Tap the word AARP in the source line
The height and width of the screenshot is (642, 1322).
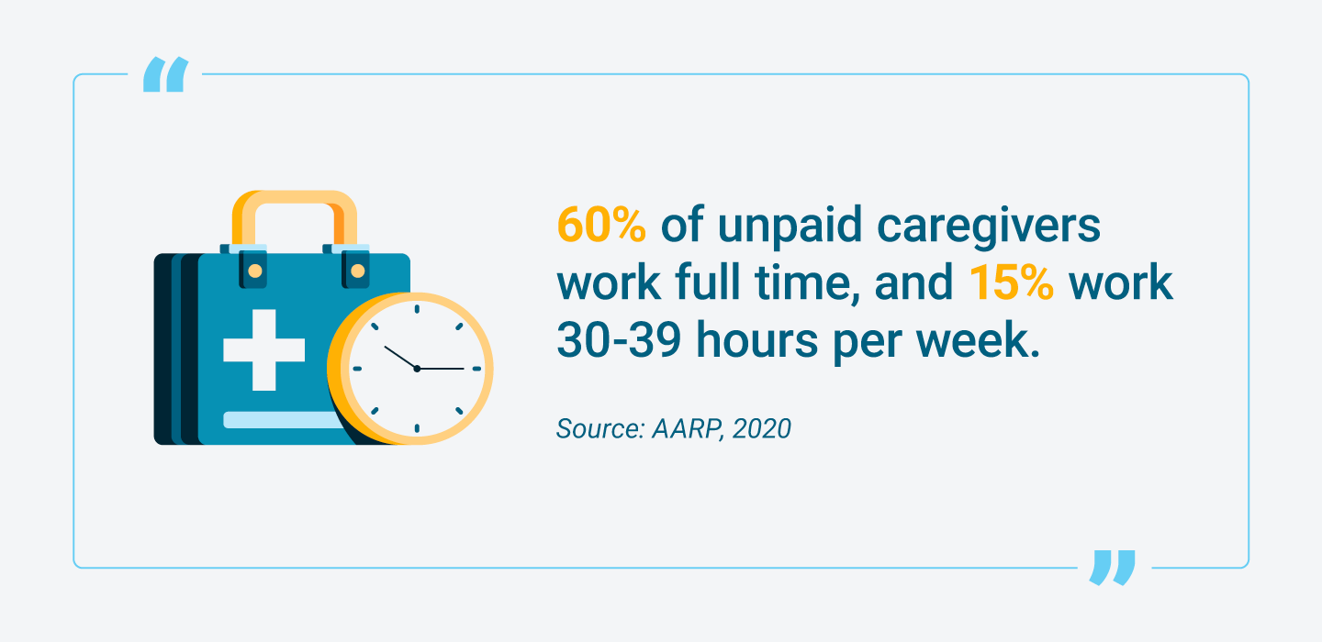click(x=678, y=428)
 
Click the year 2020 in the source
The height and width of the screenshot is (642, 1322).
click(x=761, y=428)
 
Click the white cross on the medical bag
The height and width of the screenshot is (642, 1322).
click(x=263, y=349)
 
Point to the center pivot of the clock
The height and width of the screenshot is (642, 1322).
click(x=417, y=368)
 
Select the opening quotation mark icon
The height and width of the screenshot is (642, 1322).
click(x=165, y=74)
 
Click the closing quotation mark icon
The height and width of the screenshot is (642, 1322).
click(x=1113, y=567)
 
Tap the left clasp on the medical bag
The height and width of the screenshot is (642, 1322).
click(x=253, y=270)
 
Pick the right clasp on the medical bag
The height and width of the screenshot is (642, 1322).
click(x=356, y=270)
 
